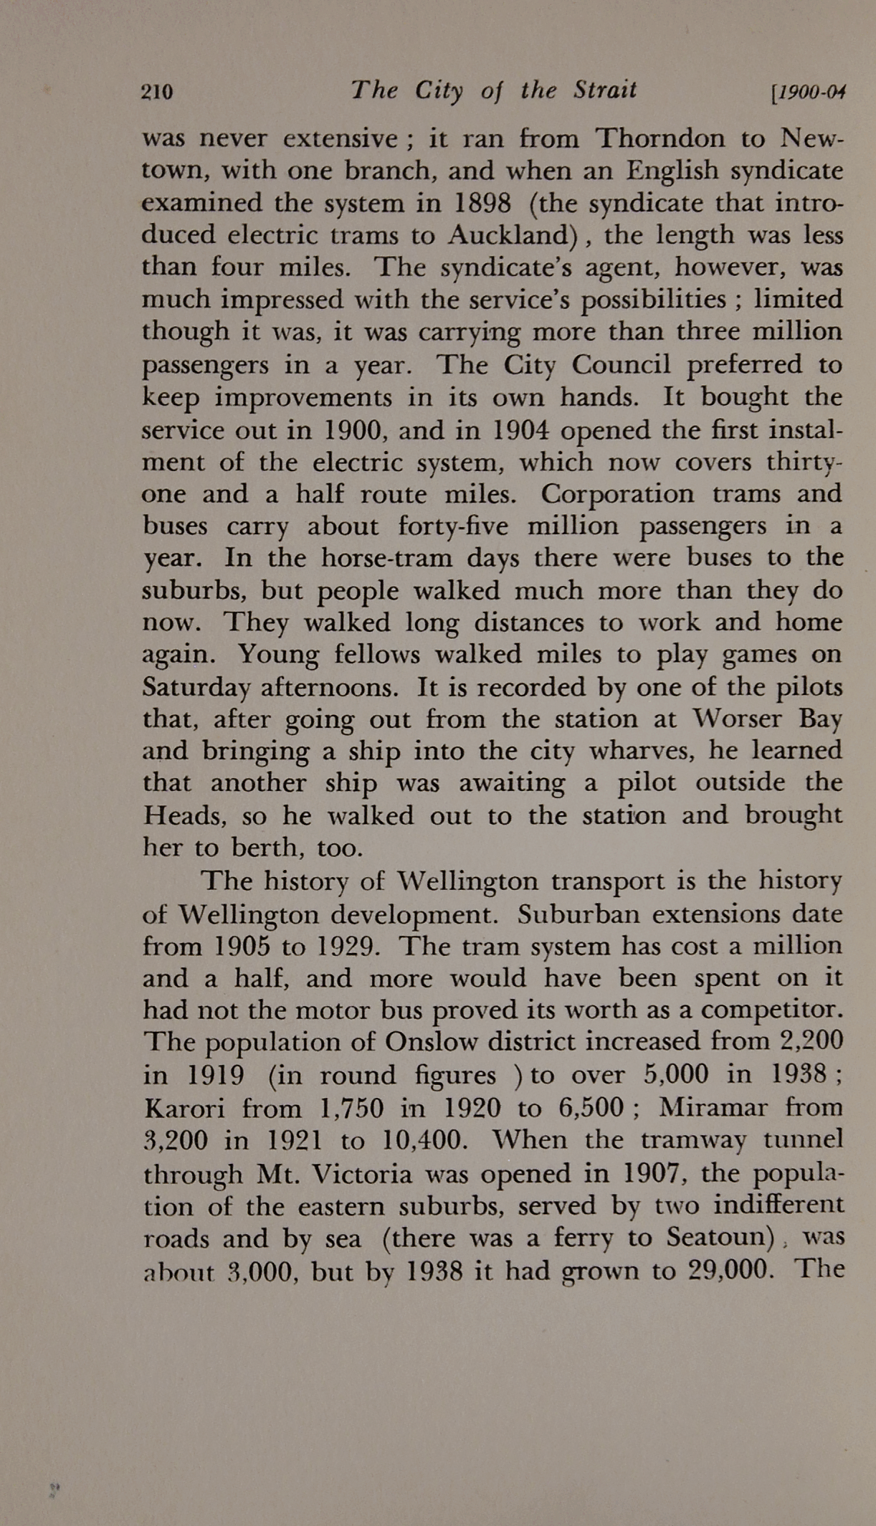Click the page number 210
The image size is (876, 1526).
click(x=158, y=93)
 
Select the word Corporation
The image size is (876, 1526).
click(x=617, y=493)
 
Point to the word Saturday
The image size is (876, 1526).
click(x=196, y=687)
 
